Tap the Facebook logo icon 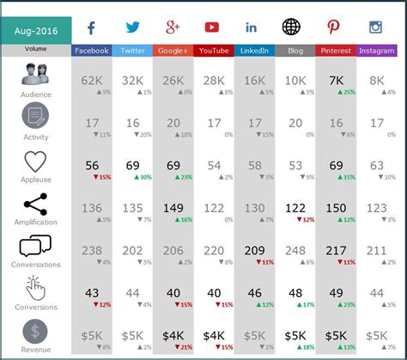(91, 27)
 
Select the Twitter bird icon (132, 27)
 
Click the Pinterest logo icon (335, 27)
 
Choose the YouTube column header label (214, 51)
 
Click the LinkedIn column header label (254, 51)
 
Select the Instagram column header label (376, 51)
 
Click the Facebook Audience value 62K (91, 80)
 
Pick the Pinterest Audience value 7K (336, 80)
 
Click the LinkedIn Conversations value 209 (254, 250)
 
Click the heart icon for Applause (35, 161)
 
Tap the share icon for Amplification (35, 204)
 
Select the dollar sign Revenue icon (35, 331)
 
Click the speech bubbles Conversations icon (35, 247)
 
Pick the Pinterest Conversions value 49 (336, 293)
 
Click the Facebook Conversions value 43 (93, 293)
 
